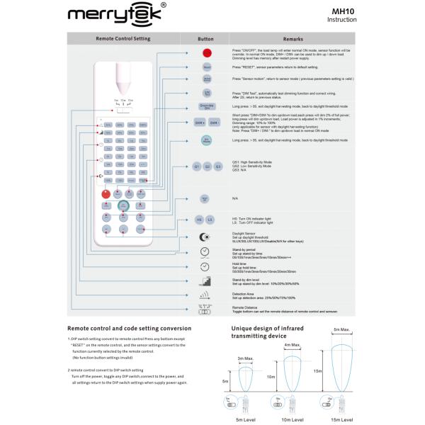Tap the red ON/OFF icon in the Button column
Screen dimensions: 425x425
tap(205, 53)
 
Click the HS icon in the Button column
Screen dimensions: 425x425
tap(200, 220)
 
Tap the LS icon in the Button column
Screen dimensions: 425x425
tap(210, 220)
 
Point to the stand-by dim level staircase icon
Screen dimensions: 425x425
tap(205, 282)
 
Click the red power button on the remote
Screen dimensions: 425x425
tap(106, 193)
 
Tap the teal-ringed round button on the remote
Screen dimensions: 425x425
tap(123, 205)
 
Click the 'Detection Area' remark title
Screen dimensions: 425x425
tap(244, 293)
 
